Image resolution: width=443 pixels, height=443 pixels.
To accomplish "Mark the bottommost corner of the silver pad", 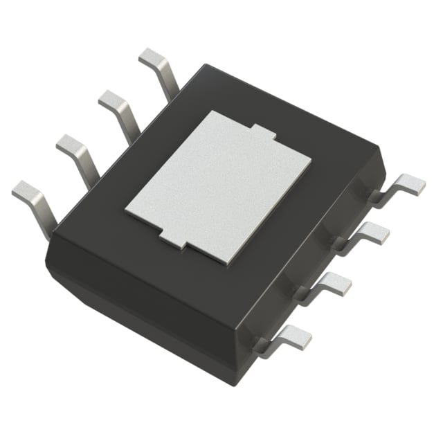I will (x=226, y=264).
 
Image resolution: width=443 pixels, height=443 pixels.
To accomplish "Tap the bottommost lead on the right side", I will (x=291, y=337).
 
